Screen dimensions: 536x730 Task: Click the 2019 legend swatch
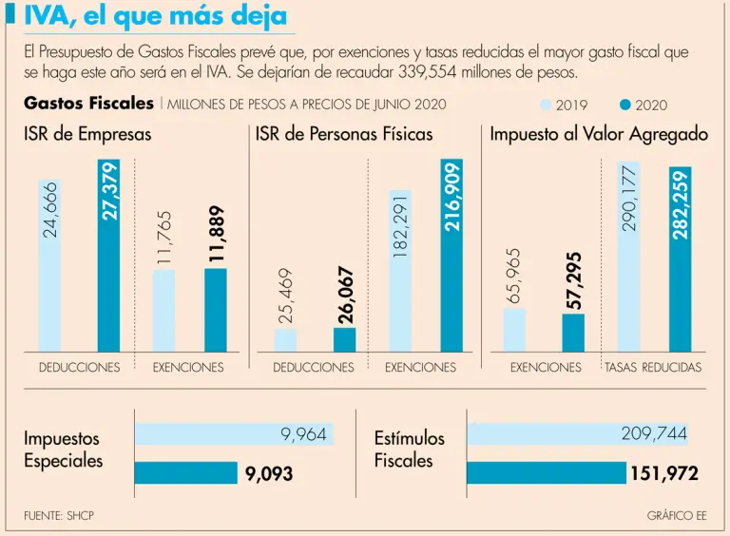click(x=547, y=105)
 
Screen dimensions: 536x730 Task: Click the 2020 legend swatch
click(x=624, y=105)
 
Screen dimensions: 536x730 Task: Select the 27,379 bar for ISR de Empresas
click(x=109, y=257)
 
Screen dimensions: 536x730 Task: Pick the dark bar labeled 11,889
click(x=216, y=310)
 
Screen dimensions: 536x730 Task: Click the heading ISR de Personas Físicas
click(x=344, y=135)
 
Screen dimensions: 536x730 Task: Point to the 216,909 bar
click(x=451, y=257)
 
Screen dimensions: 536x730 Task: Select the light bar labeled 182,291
click(x=400, y=271)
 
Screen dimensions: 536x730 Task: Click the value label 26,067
click(x=346, y=296)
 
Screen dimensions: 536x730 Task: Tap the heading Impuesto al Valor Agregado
click(x=599, y=135)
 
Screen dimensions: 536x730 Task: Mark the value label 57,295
click(x=574, y=279)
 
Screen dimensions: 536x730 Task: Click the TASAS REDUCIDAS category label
click(x=653, y=368)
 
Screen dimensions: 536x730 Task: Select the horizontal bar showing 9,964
click(x=232, y=435)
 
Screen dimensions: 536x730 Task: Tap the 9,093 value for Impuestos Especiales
click(x=269, y=473)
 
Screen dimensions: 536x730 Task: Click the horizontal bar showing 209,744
click(x=577, y=435)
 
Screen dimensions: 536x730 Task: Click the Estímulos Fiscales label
click(x=409, y=450)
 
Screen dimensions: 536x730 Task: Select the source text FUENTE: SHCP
click(x=59, y=515)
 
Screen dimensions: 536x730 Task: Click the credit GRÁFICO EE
click(x=676, y=515)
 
